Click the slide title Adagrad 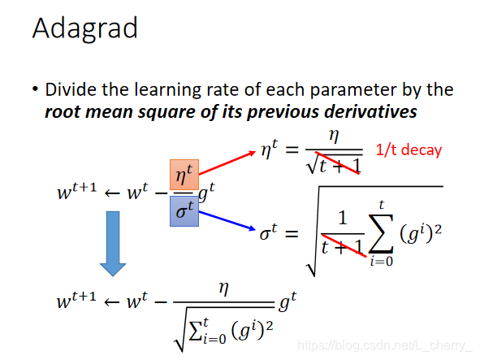click(x=84, y=28)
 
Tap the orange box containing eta click(x=184, y=175)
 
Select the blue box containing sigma click(x=184, y=211)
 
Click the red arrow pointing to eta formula click(x=227, y=163)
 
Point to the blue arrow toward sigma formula click(x=227, y=220)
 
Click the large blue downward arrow click(x=113, y=244)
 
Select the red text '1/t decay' click(x=409, y=150)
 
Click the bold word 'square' click(x=167, y=112)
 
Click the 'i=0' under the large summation click(x=382, y=262)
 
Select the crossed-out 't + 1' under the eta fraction click(x=339, y=166)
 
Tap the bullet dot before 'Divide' click(x=35, y=89)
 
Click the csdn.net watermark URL click(x=385, y=345)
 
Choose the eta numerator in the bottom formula click(x=224, y=288)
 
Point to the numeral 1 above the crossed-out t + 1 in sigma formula click(x=343, y=218)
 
